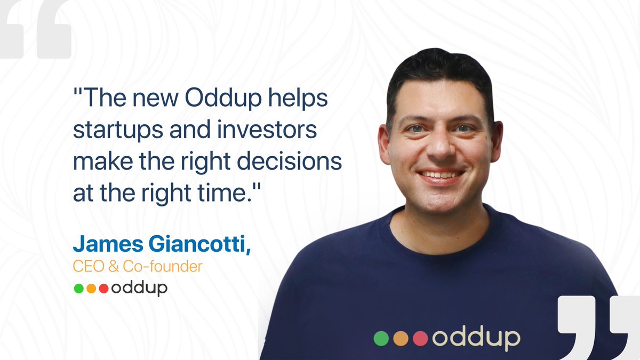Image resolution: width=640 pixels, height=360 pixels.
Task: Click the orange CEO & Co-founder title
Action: click(138, 266)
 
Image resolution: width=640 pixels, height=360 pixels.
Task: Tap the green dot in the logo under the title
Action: click(78, 289)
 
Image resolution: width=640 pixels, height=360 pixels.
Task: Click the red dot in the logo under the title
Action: click(103, 289)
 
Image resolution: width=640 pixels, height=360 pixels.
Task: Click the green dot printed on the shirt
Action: click(381, 338)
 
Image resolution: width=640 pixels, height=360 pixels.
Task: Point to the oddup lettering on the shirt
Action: click(476, 339)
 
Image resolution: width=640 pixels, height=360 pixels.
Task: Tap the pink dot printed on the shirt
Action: click(420, 338)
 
